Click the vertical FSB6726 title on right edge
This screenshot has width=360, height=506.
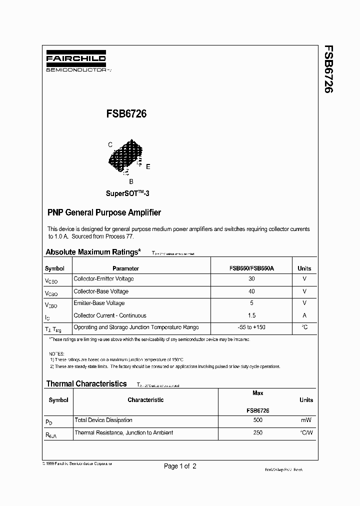[x=328, y=69]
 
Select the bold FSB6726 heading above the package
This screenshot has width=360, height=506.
[x=126, y=114]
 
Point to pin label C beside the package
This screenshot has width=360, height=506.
[x=110, y=145]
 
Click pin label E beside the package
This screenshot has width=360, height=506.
[x=148, y=166]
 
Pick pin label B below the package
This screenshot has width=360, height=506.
[x=131, y=182]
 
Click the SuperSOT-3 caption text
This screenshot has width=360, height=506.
[x=127, y=193]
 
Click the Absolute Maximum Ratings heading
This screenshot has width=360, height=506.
[x=93, y=252]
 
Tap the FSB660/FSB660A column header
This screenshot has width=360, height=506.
[x=251, y=268]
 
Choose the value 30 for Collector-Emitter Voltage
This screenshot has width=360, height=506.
[x=251, y=279]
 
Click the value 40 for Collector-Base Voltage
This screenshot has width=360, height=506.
[x=251, y=291]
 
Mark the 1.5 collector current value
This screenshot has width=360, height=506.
[x=251, y=315]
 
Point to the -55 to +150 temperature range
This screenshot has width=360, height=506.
[x=251, y=327]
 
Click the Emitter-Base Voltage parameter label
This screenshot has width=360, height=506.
[x=99, y=303]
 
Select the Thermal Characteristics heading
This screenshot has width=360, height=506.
[x=86, y=384]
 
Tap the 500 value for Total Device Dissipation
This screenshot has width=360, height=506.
[x=258, y=420]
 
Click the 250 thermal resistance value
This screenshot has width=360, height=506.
[x=258, y=433]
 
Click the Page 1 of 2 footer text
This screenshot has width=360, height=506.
[x=180, y=466]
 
